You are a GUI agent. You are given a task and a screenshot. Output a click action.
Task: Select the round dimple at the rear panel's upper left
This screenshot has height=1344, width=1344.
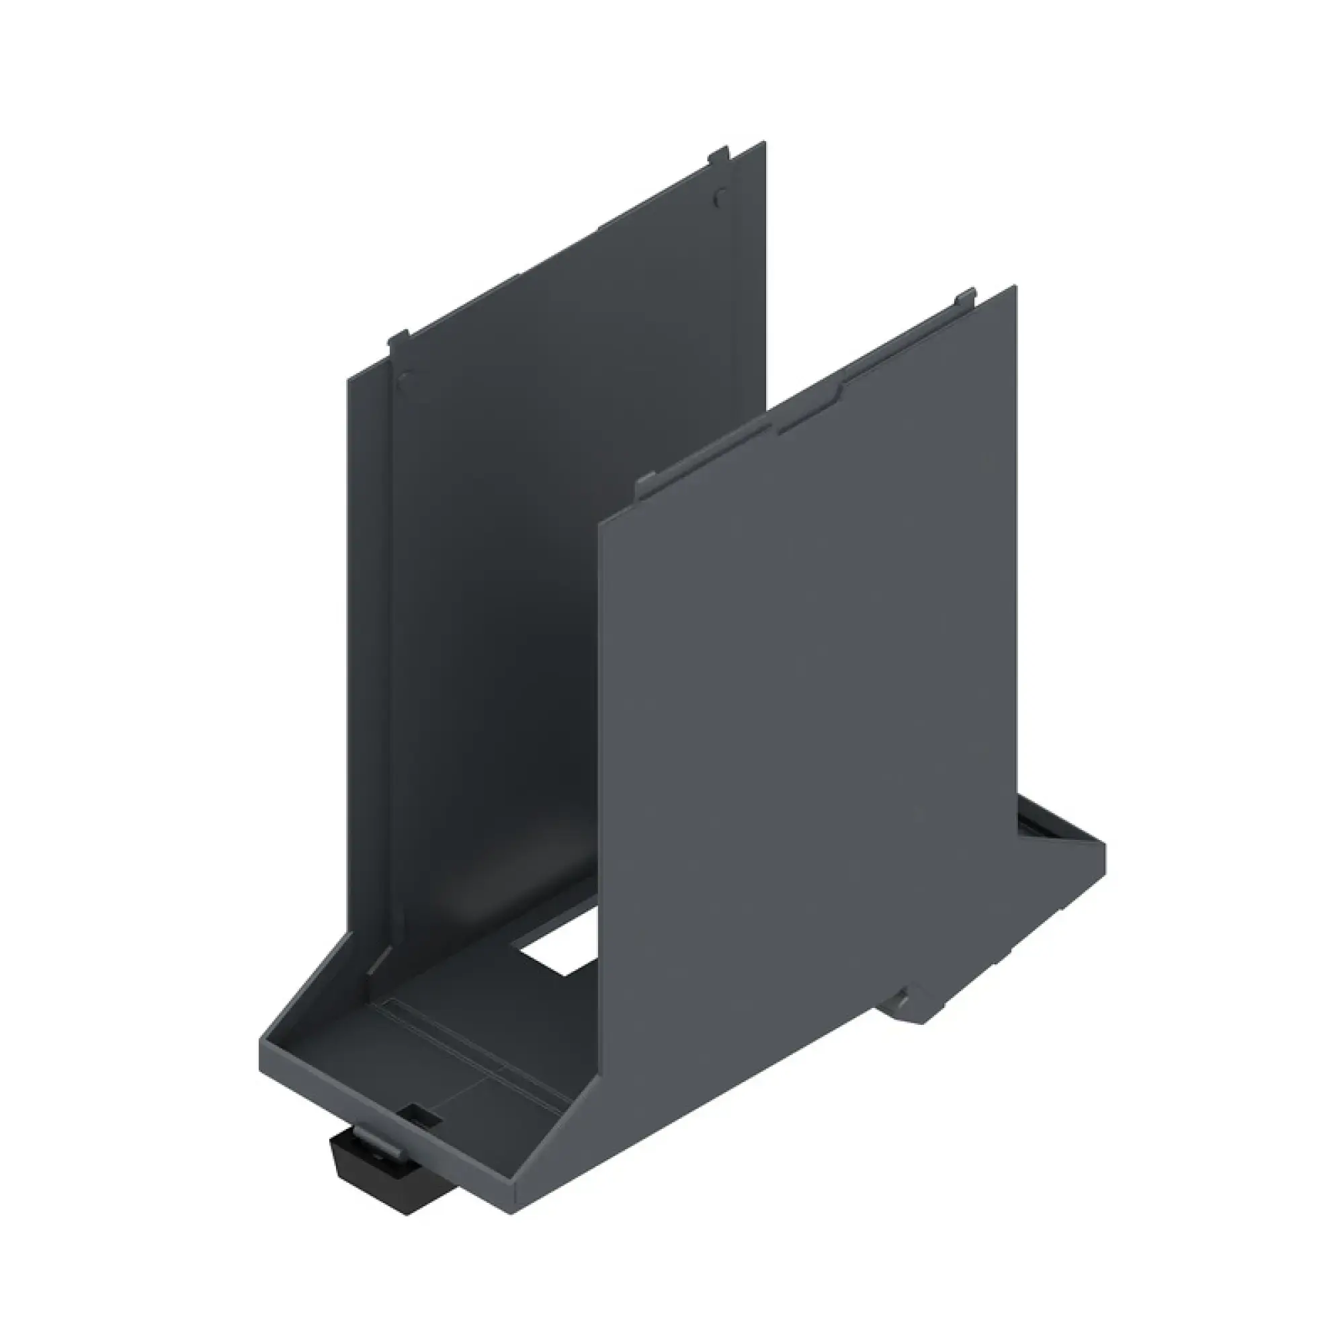coord(403,380)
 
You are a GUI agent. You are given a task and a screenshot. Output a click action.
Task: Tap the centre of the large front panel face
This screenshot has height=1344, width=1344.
coord(807,696)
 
